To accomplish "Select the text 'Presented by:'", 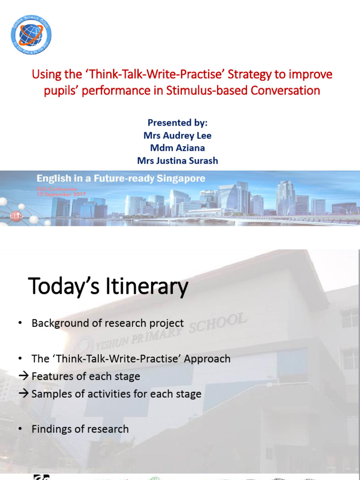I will (x=177, y=123).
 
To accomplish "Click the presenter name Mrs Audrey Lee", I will (x=177, y=135).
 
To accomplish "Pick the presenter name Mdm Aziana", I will (x=177, y=148).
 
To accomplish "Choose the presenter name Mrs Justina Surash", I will (x=177, y=161).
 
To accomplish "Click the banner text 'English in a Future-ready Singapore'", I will (x=120, y=179).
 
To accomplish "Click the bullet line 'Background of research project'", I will (x=107, y=323).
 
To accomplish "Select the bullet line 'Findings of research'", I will (x=80, y=429).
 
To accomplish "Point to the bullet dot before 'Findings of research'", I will (x=20, y=429).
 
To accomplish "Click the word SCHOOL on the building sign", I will (x=220, y=324).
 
